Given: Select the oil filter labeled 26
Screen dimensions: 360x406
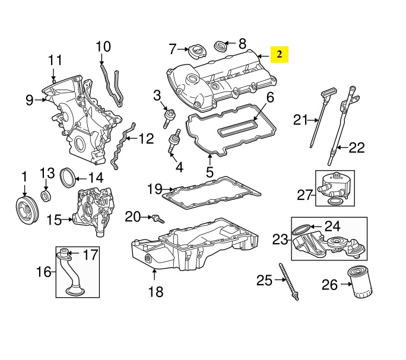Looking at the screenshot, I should click(x=360, y=285).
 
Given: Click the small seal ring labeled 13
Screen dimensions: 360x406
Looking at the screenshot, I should click(x=46, y=195).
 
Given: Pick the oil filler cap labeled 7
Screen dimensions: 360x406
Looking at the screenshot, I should click(x=196, y=53).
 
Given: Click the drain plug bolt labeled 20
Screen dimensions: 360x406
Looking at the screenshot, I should click(x=157, y=219).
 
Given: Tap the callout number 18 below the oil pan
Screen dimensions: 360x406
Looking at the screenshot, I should click(x=154, y=291).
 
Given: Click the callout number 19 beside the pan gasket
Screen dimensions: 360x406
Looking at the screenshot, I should click(x=154, y=189).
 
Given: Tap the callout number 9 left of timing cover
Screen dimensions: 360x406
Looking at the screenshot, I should click(x=30, y=101).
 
